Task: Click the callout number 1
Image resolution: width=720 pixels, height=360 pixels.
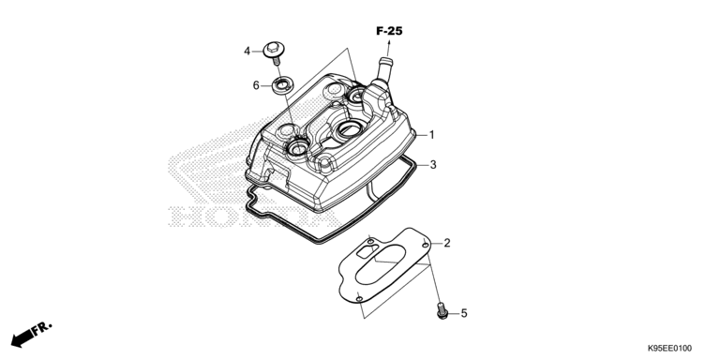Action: point(431,135)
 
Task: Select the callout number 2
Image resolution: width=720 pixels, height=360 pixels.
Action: point(447,243)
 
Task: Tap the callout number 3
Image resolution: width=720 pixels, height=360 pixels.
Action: point(433,164)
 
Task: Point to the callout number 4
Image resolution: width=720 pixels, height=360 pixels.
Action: point(247,51)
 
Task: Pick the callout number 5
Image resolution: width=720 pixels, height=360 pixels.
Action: point(464,313)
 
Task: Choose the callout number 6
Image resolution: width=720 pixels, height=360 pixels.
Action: point(256,85)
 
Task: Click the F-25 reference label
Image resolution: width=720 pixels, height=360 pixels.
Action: point(389,31)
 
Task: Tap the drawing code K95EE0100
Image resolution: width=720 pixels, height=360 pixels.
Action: point(669,349)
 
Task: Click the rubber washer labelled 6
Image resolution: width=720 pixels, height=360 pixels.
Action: point(280,86)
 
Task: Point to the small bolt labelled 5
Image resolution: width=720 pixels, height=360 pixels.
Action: point(442,310)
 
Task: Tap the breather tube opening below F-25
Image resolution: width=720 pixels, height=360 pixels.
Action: point(385,60)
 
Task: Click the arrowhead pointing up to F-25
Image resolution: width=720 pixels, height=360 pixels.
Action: point(389,43)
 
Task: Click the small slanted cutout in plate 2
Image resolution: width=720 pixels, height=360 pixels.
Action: point(368,250)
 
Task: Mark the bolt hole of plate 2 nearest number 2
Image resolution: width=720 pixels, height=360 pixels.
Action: point(426,246)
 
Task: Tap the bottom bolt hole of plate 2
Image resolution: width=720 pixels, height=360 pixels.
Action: point(360,299)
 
